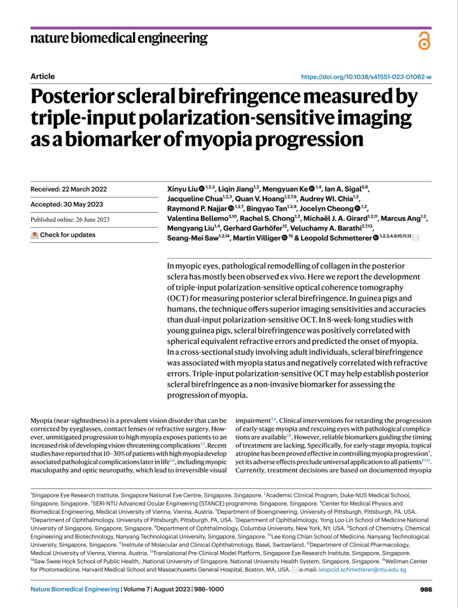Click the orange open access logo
(x=424, y=41)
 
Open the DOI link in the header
(x=366, y=76)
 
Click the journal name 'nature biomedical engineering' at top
(x=119, y=38)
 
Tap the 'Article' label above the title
(x=43, y=76)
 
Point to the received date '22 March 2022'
(x=84, y=190)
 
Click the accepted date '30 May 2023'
(x=83, y=204)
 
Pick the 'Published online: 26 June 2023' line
(x=70, y=219)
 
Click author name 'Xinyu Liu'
(x=181, y=190)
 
